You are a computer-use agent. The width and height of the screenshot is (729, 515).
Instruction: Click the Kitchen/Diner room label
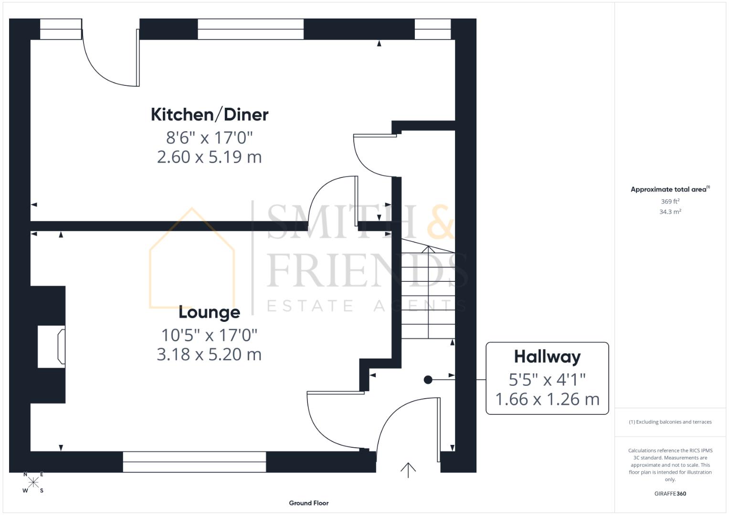click(x=210, y=114)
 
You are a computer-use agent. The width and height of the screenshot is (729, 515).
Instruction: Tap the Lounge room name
click(x=209, y=312)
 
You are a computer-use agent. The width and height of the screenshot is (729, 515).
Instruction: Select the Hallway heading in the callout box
click(x=547, y=357)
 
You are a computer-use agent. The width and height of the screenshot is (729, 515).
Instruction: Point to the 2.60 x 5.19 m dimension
click(x=209, y=157)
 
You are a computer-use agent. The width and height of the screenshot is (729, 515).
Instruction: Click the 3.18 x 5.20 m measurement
click(x=209, y=354)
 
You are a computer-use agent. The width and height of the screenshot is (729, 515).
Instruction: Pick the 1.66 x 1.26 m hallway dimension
click(x=547, y=399)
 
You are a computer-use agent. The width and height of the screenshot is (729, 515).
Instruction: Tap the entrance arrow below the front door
click(x=408, y=470)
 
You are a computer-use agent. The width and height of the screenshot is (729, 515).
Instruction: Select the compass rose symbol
click(x=33, y=482)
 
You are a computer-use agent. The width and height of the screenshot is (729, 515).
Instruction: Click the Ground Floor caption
click(x=308, y=503)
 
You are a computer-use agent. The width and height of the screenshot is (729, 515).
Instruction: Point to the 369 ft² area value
click(x=670, y=201)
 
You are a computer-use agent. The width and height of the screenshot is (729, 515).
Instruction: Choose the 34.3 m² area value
click(x=670, y=212)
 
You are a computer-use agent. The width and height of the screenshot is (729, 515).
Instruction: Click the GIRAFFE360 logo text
click(x=670, y=494)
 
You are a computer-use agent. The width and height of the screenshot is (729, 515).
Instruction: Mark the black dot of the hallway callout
click(x=428, y=380)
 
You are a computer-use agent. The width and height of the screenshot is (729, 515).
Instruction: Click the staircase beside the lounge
click(x=427, y=291)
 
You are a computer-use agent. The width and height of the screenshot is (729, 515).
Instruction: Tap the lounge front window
click(x=194, y=462)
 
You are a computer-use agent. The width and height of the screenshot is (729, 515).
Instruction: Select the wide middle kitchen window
click(x=251, y=29)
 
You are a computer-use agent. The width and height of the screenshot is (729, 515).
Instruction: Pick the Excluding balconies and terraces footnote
click(x=670, y=422)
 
